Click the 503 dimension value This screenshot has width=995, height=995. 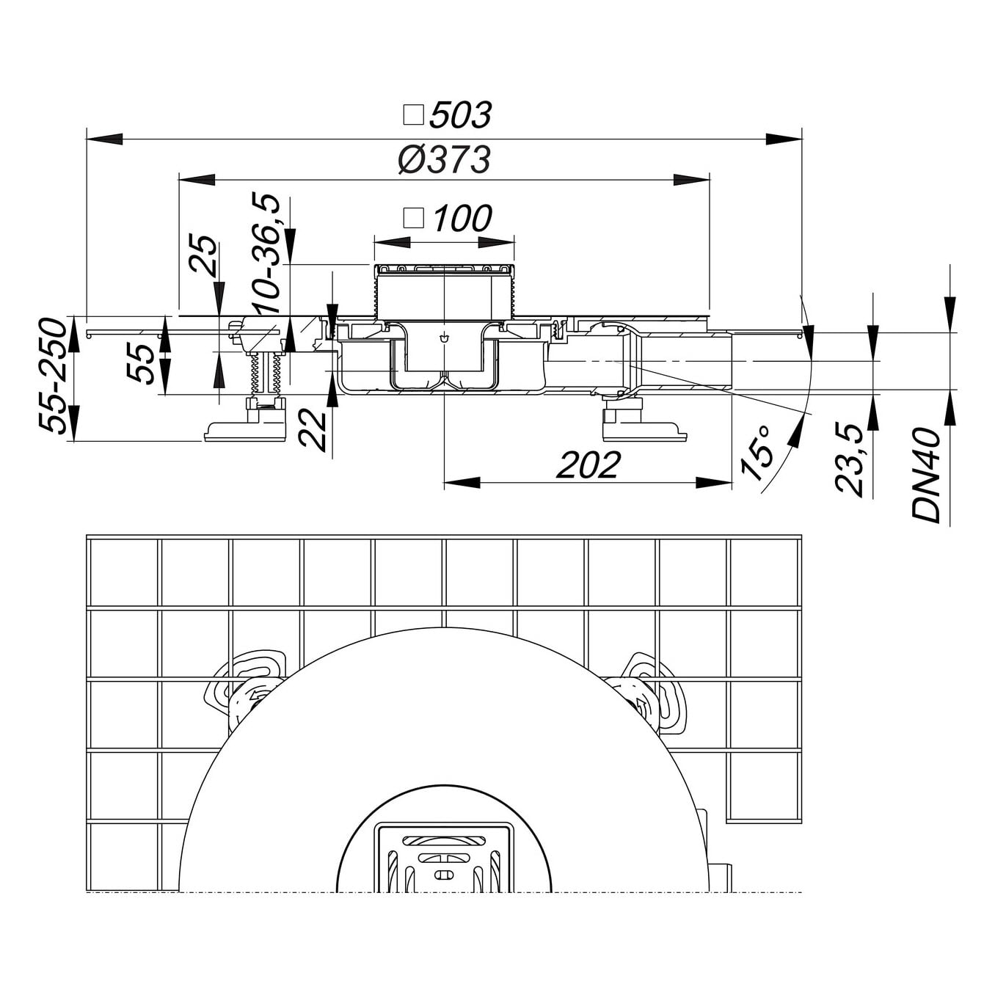tap(461, 115)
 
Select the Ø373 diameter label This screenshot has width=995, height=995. tap(445, 160)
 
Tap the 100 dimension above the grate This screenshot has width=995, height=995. tap(462, 219)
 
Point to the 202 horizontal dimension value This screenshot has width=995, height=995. tap(588, 464)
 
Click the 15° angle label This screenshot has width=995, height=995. tap(757, 453)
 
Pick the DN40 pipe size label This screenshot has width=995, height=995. tap(927, 475)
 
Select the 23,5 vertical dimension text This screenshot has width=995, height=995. tap(850, 460)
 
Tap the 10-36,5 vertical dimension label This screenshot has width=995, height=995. tap(266, 254)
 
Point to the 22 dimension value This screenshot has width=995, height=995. tap(313, 429)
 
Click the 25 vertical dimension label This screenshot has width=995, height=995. tap(204, 254)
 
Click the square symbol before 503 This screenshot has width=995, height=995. tap(415, 115)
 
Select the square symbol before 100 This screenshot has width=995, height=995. tap(415, 218)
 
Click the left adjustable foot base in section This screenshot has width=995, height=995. tap(245, 429)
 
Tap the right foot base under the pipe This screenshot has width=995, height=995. tap(644, 429)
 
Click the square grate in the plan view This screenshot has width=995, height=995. tap(444, 857)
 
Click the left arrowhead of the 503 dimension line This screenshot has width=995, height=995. tap(103, 139)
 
